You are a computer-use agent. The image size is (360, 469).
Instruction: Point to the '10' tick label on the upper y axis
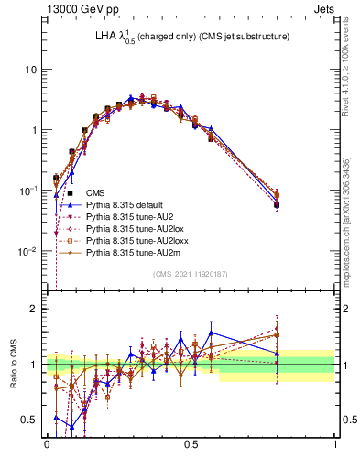[30, 70]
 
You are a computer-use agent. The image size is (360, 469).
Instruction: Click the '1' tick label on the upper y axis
[34, 130]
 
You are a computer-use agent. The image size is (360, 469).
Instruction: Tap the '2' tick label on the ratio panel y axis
[34, 309]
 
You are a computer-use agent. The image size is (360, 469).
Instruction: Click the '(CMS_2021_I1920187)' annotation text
[191, 274]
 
